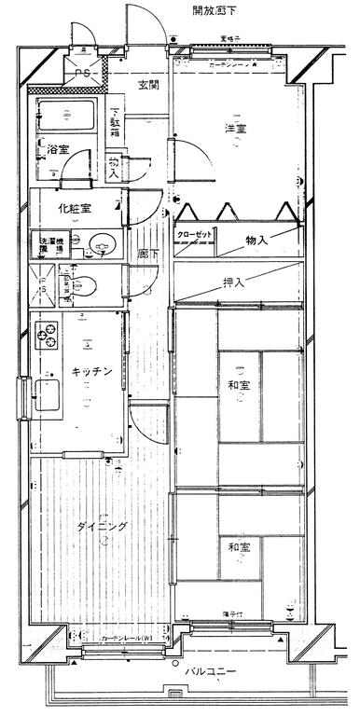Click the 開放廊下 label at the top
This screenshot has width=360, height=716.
click(214, 11)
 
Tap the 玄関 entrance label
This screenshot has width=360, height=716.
click(147, 86)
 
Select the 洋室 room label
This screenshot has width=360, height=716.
click(235, 129)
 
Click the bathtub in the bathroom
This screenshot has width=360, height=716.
click(66, 117)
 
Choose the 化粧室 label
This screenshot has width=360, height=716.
click(73, 209)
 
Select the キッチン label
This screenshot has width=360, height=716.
click(94, 371)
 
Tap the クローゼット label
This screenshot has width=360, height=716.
click(197, 235)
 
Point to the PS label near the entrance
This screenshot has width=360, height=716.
click(83, 72)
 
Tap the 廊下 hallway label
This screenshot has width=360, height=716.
click(143, 254)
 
